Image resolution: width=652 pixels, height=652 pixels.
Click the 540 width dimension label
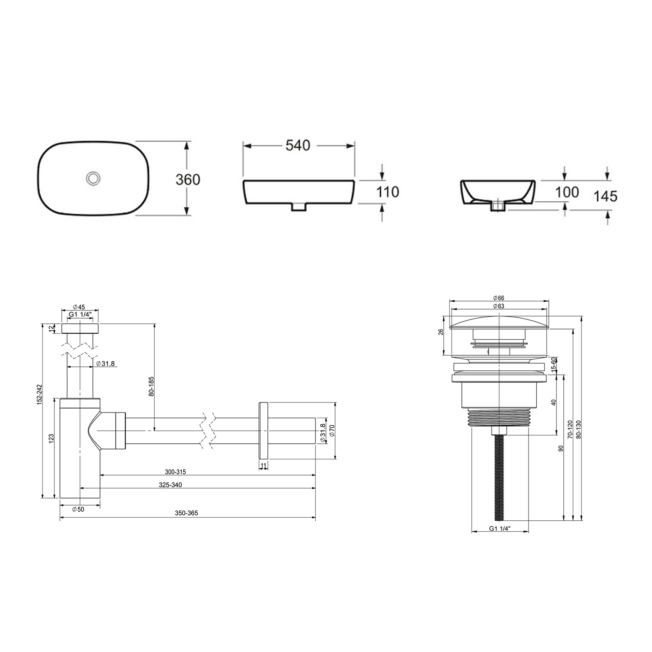(x=298, y=146)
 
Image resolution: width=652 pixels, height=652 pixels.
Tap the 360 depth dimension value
(x=188, y=179)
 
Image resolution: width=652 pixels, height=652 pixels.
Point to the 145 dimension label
(x=605, y=196)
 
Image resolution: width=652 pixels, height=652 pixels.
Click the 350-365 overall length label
(x=186, y=513)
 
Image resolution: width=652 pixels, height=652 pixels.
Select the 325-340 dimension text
(x=170, y=485)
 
